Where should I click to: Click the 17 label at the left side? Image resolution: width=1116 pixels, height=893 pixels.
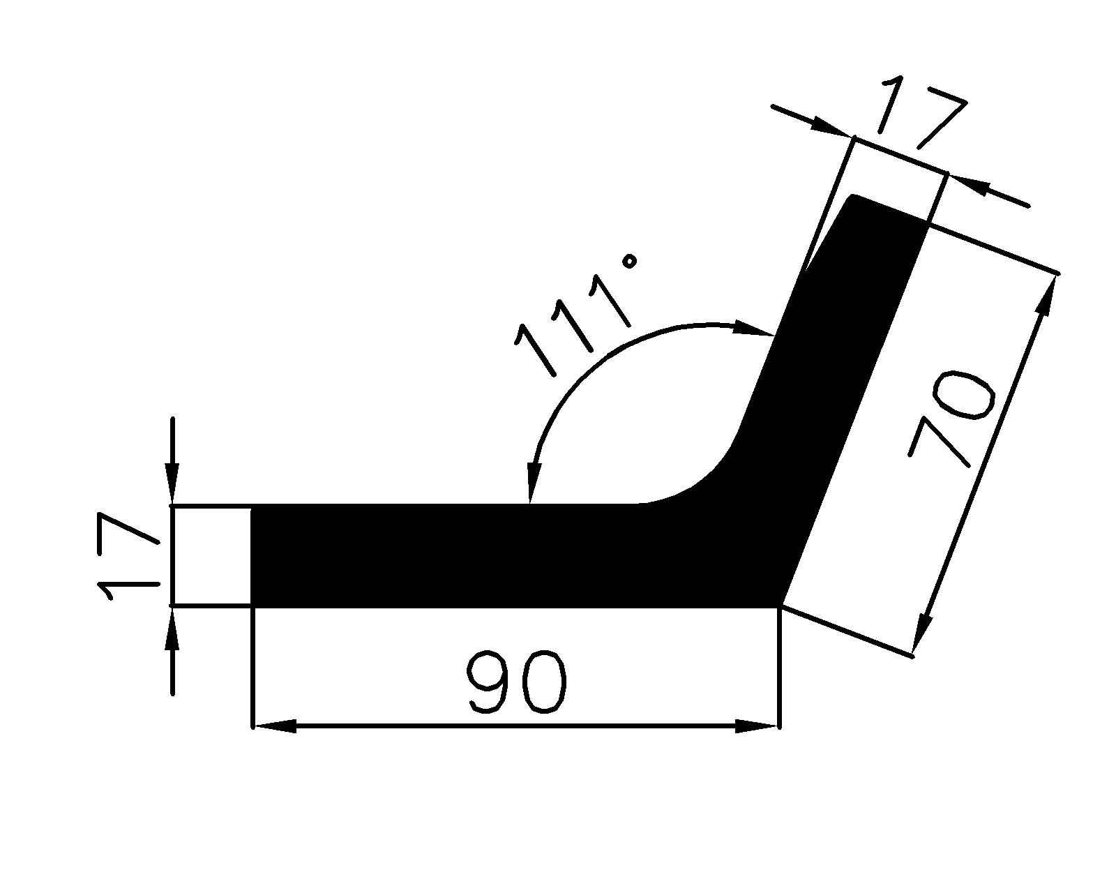[x=128, y=556]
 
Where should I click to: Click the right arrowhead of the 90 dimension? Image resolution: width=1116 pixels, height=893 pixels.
[x=757, y=727]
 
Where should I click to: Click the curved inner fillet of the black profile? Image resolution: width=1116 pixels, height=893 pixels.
[x=704, y=481]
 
